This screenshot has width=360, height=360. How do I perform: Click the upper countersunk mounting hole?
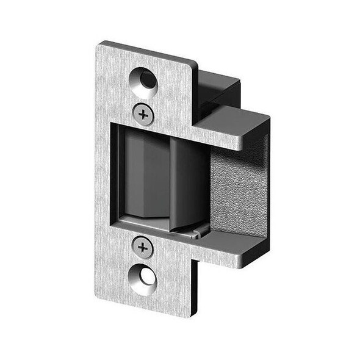[x=145, y=81]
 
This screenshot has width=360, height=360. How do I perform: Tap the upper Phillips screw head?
[x=143, y=114]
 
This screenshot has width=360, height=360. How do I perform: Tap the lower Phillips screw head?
[x=143, y=247]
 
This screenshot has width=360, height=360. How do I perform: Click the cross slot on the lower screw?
[x=143, y=247]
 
